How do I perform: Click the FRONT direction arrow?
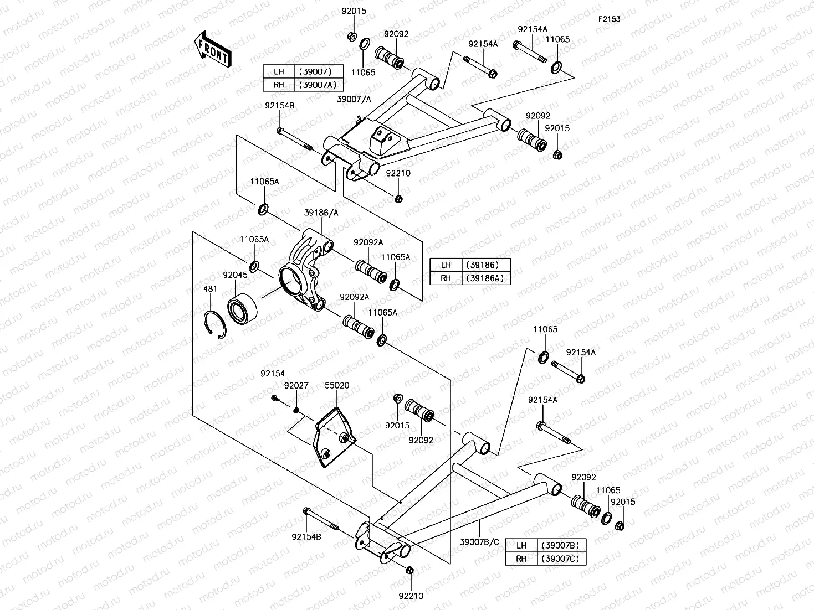pos(213,49)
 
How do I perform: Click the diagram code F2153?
pos(609,19)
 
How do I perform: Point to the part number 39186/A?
pos(321,213)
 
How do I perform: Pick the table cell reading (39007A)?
pos(319,85)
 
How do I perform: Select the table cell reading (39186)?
pos(485,265)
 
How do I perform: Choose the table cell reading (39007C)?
pos(561,558)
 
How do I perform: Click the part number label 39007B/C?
pos(479,542)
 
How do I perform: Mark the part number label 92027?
pos(296,386)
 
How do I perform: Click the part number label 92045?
pos(235,275)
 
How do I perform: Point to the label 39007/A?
pos(354,99)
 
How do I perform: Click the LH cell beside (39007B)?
pos(521,545)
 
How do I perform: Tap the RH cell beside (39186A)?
pos(446,278)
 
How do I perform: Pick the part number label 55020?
pos(337,386)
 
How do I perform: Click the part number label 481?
pos(210,289)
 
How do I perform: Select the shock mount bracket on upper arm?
pos(381,141)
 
